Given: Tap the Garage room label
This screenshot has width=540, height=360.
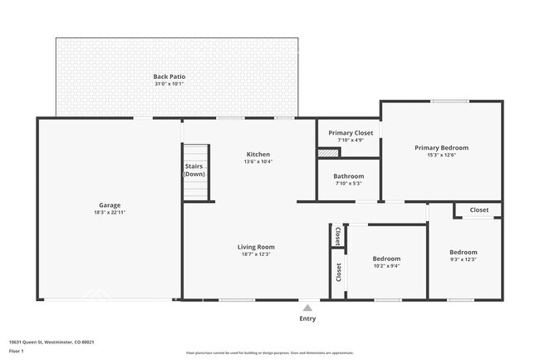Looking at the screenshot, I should click(110, 205).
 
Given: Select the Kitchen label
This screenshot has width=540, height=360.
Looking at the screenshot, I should click(258, 155).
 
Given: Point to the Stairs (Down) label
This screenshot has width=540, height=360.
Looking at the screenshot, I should click(194, 170).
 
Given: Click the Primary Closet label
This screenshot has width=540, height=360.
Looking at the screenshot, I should click(351, 133).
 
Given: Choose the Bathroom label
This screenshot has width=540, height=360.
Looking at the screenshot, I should click(349, 176).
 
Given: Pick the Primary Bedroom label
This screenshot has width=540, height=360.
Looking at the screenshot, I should click(441, 147).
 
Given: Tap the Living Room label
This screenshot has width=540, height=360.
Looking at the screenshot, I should click(256, 247).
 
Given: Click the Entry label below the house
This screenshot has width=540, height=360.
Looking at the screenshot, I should click(307, 318).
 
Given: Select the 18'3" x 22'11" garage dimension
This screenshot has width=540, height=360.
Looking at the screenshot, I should click(110, 213).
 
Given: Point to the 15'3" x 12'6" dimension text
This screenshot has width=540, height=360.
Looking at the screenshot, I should click(441, 155).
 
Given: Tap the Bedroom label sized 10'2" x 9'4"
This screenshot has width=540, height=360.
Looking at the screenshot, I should click(386, 259).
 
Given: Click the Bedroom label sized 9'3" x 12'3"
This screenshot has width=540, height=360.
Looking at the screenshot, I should click(464, 253).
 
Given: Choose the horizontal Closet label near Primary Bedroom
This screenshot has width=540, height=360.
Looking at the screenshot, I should click(479, 210).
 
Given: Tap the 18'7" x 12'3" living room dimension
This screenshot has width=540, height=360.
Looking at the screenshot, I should click(256, 254).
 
